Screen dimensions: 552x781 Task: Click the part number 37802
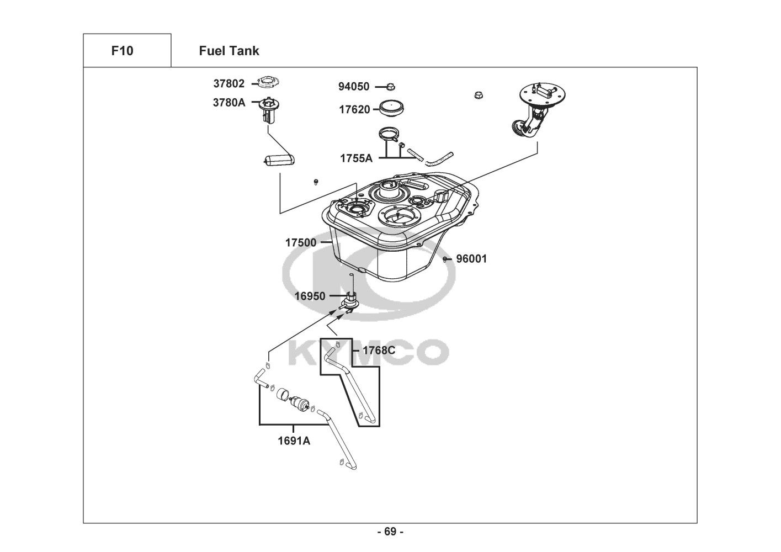229,84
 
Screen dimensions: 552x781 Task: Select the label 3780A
229,102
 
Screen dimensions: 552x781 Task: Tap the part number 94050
354,87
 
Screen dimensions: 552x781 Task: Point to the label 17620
354,109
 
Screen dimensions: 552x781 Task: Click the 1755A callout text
356,158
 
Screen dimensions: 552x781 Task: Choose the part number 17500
301,242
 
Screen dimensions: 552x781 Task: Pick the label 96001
471,258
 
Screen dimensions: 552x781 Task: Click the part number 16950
310,296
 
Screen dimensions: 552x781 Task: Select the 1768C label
379,350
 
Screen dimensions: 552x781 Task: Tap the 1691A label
294,441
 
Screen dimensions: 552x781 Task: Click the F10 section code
122,51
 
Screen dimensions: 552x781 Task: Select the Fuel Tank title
229,51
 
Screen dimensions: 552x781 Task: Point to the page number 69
390,532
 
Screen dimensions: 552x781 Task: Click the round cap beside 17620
393,107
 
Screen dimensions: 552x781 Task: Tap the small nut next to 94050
390,86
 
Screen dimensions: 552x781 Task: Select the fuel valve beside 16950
350,301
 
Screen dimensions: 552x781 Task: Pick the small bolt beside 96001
445,259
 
